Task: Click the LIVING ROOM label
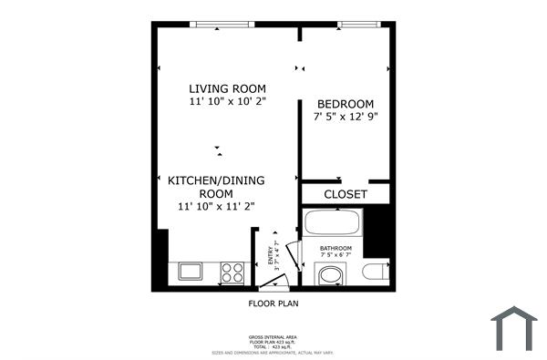tap(227, 88)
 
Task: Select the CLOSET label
tap(346, 194)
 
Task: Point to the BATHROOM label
tap(335, 248)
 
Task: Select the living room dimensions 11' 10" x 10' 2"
tap(227, 102)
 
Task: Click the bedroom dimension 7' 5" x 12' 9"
tap(346, 117)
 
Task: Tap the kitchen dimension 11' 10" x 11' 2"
tap(215, 207)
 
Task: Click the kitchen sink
tap(191, 271)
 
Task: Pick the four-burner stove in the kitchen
tap(233, 271)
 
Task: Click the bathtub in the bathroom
tap(333, 221)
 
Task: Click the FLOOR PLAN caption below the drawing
tap(273, 303)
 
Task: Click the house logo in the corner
tap(514, 329)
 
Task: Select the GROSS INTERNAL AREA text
tap(273, 336)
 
